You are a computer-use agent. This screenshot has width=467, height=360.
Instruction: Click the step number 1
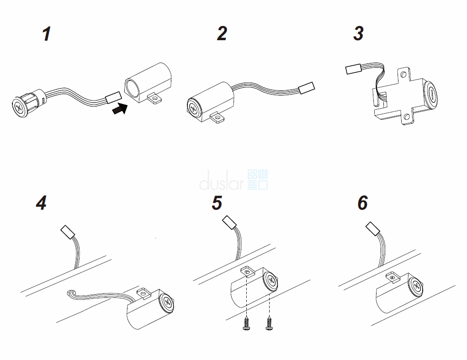[x=46, y=35]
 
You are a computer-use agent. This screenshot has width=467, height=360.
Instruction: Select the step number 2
[x=222, y=34]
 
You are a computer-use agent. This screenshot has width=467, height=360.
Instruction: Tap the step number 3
[x=359, y=34]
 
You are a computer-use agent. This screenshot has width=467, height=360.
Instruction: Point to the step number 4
[x=41, y=203]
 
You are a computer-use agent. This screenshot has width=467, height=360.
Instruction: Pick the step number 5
[x=217, y=203]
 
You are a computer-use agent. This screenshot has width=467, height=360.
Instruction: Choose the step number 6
[x=362, y=203]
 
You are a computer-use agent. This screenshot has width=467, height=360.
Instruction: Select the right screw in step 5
[x=269, y=325]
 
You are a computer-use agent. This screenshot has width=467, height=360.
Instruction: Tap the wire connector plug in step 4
[x=67, y=232]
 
